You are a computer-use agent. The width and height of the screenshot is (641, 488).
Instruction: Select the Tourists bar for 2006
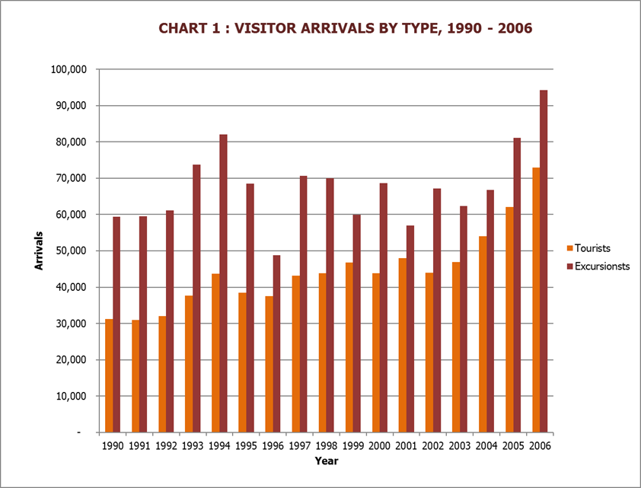point(536,300)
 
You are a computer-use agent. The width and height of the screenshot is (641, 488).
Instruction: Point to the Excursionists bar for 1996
point(276,343)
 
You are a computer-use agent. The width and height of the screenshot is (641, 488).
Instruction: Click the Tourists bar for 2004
point(483,334)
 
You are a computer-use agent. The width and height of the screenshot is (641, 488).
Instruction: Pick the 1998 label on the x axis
point(327,445)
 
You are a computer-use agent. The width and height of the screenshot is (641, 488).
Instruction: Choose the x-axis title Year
point(327,461)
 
